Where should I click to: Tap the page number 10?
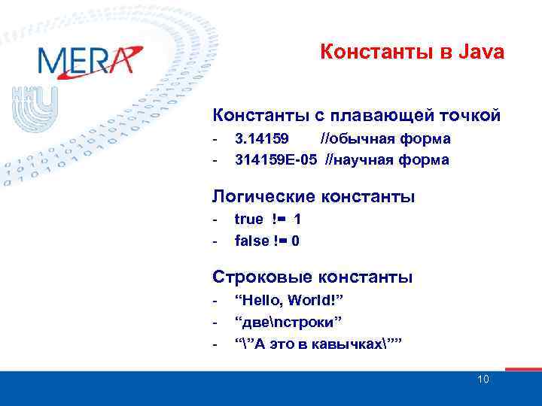click(x=483, y=379)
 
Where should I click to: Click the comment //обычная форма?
click(x=385, y=138)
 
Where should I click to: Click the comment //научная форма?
click(x=387, y=159)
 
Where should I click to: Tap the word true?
click(x=248, y=220)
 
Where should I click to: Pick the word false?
click(x=251, y=241)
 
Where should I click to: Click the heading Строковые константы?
click(x=312, y=277)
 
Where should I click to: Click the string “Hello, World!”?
click(x=289, y=301)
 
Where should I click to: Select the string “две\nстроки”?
click(x=289, y=322)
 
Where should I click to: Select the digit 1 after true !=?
click(x=298, y=220)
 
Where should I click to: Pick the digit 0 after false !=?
click(x=295, y=241)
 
